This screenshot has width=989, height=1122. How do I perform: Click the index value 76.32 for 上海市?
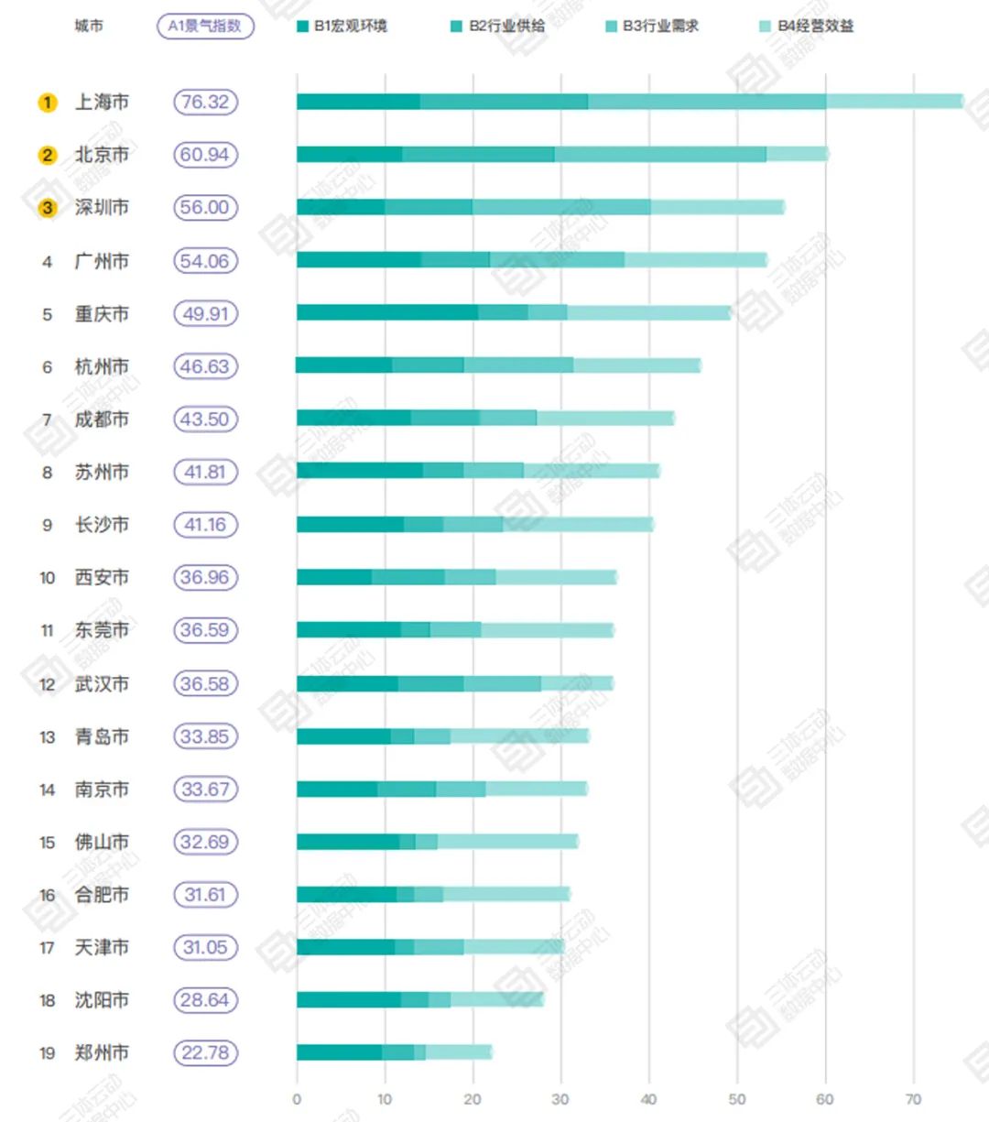click(x=205, y=102)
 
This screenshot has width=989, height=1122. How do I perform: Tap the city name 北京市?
click(x=102, y=155)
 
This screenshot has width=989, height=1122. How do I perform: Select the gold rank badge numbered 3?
click(x=47, y=208)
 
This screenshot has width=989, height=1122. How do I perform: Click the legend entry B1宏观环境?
click(x=342, y=26)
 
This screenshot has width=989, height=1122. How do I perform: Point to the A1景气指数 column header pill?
click(x=205, y=26)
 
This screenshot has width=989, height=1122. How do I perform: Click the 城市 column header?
click(x=89, y=26)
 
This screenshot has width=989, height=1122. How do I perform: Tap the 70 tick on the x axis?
click(x=913, y=1099)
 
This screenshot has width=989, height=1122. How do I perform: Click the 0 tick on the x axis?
click(x=297, y=1099)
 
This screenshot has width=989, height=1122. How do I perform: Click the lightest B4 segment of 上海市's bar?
click(x=894, y=102)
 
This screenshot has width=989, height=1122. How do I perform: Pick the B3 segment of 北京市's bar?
click(x=660, y=155)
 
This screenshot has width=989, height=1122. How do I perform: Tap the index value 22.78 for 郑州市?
click(x=205, y=1052)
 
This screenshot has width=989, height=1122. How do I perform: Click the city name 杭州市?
click(x=102, y=366)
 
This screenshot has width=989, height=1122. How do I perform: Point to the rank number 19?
click(x=47, y=1053)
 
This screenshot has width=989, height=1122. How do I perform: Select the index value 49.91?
click(x=205, y=313)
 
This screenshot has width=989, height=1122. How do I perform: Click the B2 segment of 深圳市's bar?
click(x=429, y=207)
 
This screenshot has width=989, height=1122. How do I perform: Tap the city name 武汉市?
click(x=102, y=683)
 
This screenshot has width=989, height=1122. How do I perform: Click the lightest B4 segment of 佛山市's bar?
click(x=507, y=842)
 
